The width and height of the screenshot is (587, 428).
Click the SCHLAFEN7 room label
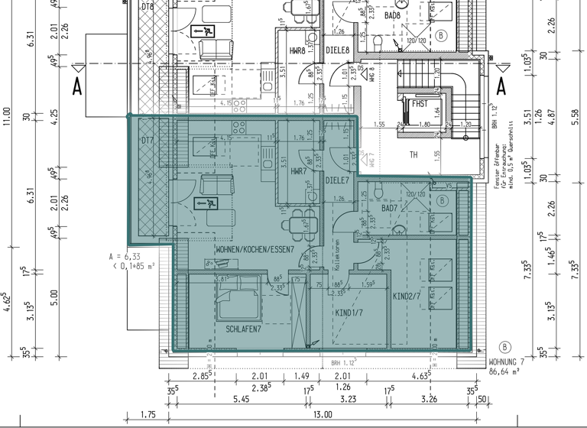click(244, 329)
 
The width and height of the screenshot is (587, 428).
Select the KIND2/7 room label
click(407, 296)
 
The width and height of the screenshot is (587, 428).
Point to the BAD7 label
click(389, 208)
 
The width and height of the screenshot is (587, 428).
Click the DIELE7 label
click(337, 181)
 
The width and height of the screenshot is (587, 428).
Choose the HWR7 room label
click(298, 172)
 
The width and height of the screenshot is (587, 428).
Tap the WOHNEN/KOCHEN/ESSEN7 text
click(255, 250)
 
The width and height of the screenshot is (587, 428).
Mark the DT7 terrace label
click(148, 141)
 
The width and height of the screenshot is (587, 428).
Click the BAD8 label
click(393, 15)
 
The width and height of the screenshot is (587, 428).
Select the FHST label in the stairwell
click(420, 103)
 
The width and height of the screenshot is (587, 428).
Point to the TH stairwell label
click(413, 155)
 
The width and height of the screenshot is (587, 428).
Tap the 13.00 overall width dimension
click(323, 414)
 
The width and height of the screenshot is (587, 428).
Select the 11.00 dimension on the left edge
click(7, 115)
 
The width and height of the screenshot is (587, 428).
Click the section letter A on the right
click(502, 84)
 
